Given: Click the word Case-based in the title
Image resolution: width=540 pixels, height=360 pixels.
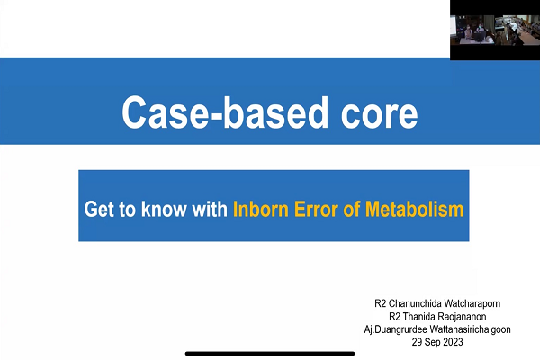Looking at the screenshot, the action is pos(225,112).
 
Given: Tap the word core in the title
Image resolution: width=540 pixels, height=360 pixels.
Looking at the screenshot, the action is pos(380,113).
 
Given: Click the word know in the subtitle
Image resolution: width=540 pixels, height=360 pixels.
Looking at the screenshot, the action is pos(164,209).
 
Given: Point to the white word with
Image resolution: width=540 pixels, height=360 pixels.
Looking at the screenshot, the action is pos(210,209).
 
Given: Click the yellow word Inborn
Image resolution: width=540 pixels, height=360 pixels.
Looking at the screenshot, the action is pos(261,209).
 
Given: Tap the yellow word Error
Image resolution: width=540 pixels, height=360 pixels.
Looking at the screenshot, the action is pos(316,209).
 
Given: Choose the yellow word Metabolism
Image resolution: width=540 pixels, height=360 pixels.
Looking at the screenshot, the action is pos(414,209).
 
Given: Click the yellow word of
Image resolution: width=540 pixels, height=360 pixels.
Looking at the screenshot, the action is pos(351,209).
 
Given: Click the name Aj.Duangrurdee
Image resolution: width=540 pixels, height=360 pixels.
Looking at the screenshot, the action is pos(396,329).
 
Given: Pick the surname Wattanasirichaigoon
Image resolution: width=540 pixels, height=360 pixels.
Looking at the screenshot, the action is pos(471,329).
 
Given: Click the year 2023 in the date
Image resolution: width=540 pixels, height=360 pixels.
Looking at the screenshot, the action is pos(453,342).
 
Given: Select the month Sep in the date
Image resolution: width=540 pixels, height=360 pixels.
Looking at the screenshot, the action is pos(432,342).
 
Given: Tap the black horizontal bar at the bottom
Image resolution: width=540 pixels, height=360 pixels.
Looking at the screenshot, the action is pos(270,354).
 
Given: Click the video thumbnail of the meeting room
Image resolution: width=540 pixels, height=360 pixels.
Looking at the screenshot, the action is pos(495,30).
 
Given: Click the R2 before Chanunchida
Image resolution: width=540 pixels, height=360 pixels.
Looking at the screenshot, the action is pos(380,303).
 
